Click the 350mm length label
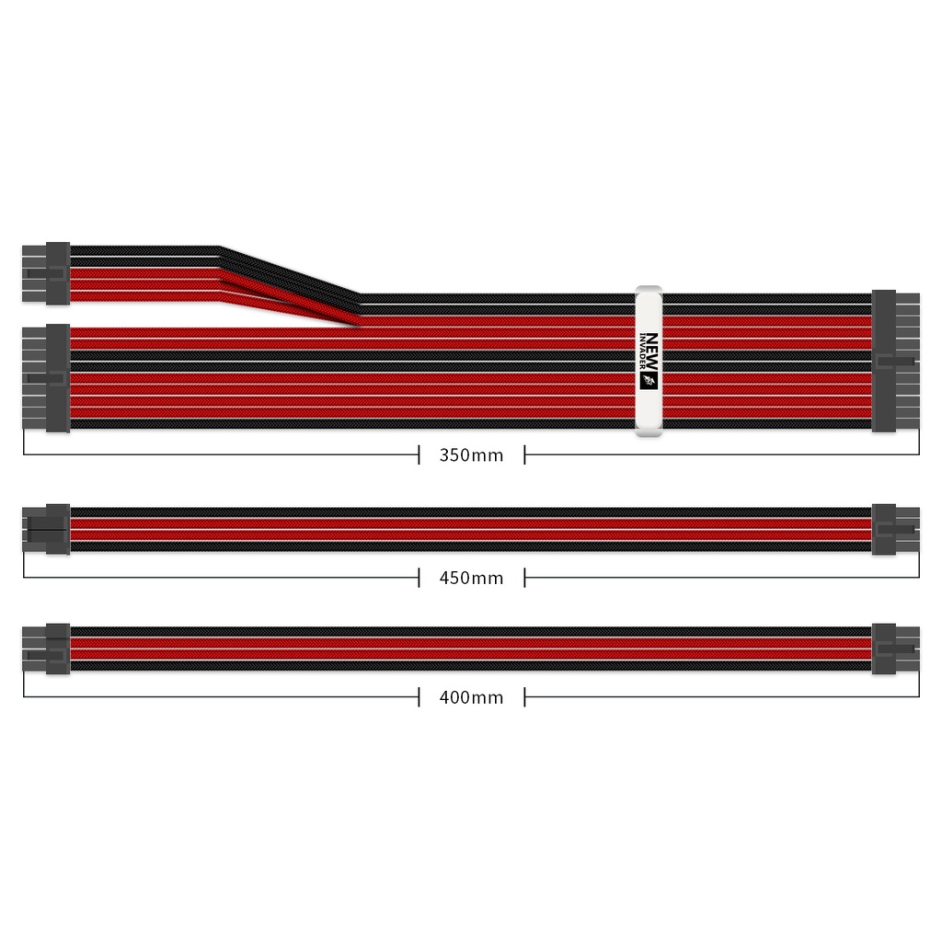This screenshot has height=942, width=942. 471,454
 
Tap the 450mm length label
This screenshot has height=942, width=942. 471,578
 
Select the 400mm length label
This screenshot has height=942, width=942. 471,697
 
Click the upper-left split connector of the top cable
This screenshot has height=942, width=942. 46,273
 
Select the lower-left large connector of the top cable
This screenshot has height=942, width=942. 46,377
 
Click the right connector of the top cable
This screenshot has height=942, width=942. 894,360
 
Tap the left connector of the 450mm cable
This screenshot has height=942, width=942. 46,529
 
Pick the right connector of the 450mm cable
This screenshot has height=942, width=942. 894,529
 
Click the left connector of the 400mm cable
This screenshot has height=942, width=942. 46,649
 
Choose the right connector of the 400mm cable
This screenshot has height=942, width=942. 894,649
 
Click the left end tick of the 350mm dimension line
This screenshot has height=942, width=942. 24,445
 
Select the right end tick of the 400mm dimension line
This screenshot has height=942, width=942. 918,688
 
